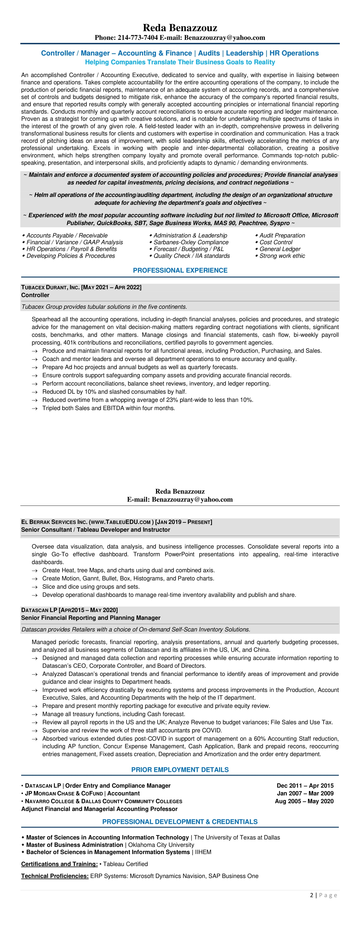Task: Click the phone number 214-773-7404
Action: click(137, 38)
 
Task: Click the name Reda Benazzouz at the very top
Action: click(180, 28)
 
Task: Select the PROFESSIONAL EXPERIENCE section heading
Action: click(180, 270)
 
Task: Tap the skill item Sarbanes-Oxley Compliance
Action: click(191, 242)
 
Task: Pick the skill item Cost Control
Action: click(276, 242)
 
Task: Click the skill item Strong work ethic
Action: click(282, 256)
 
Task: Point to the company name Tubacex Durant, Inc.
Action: click(50, 287)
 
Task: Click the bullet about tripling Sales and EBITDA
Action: click(109, 408)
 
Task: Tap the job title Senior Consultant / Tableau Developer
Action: click(96, 530)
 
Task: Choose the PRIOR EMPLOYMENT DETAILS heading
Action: click(180, 770)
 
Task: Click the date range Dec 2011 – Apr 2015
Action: click(305, 785)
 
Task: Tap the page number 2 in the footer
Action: click(312, 895)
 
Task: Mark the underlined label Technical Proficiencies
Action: click(55, 876)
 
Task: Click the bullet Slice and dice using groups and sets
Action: click(91, 587)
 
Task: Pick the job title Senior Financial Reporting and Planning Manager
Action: click(90, 618)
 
